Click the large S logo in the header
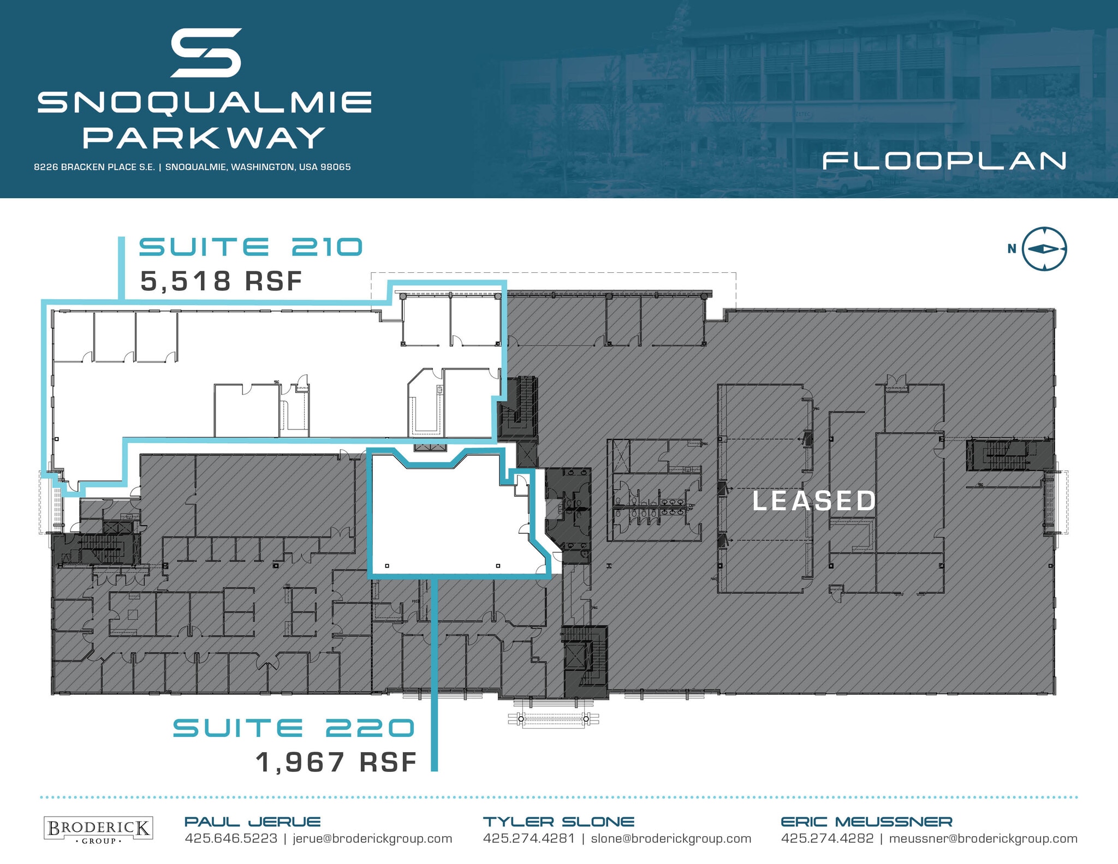point(206,52)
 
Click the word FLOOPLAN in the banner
point(944,161)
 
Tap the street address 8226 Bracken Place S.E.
point(94,167)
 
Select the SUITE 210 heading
point(251,247)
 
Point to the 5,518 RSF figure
point(221,282)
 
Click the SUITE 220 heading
point(294,728)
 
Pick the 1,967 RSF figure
point(336,762)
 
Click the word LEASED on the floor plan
point(814,501)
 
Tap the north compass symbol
point(1044,249)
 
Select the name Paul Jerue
point(252,821)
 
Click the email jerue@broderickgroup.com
point(372,839)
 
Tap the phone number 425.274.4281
point(528,839)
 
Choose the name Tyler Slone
point(558,821)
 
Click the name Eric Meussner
point(866,821)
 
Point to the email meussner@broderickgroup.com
point(983,839)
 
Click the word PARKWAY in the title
point(204,138)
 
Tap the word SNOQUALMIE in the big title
point(205,103)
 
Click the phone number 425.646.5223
point(231,839)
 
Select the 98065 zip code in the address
point(335,167)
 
